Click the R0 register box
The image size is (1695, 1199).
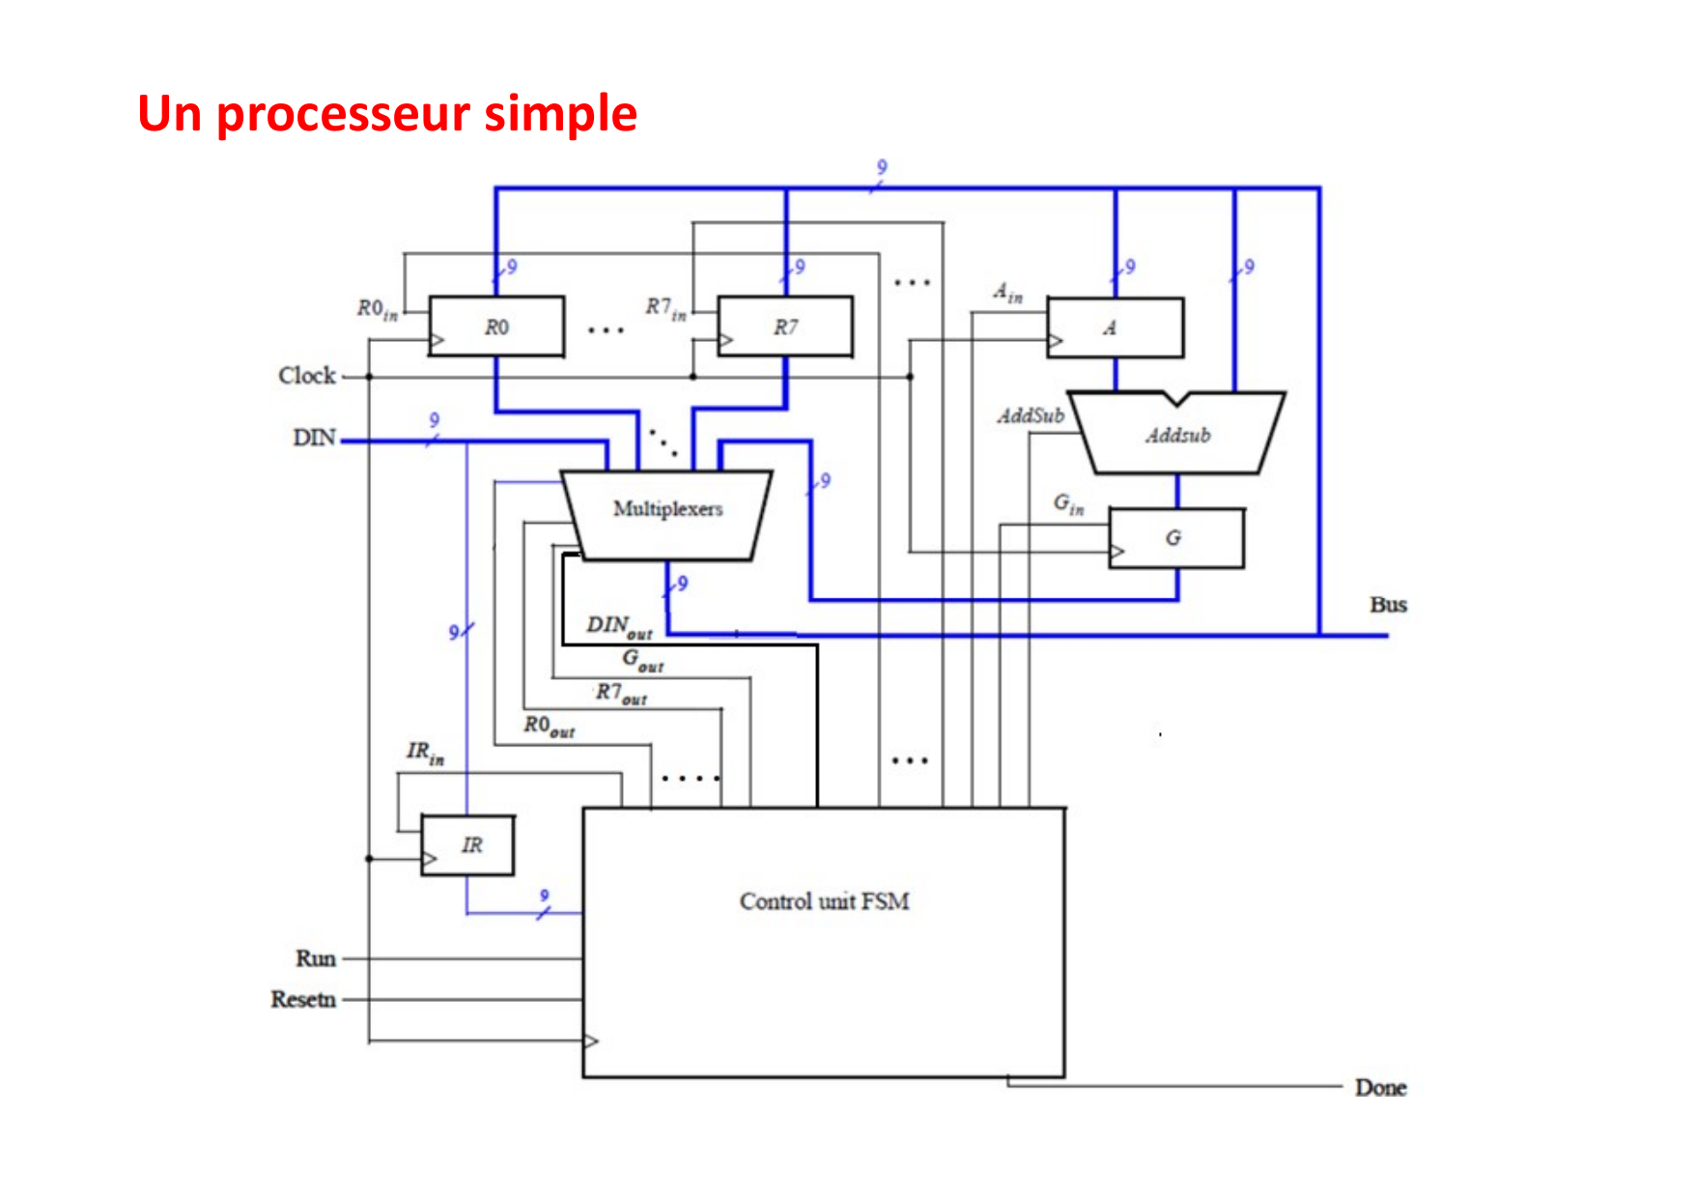coord(496,327)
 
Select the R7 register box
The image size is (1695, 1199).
coord(785,327)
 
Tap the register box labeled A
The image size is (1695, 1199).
coord(1115,328)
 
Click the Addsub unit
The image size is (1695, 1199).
coord(1178,435)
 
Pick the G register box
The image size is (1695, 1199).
coord(1175,538)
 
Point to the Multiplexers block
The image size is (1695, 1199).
coord(667,509)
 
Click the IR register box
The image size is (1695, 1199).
coord(468,845)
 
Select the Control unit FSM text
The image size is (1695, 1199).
coord(824,901)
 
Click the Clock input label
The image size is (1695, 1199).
coord(307,375)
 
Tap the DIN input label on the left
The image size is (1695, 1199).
coord(315,438)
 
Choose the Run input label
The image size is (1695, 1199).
coord(316,958)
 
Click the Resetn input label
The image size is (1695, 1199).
coord(303,999)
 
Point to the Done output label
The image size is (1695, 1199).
coord(1380,1088)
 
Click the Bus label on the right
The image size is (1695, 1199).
coord(1388,605)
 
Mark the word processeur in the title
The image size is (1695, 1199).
coord(344,115)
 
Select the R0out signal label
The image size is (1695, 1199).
coord(549,727)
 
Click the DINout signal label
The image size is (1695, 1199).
coord(619,627)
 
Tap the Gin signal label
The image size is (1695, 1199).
coord(1068,503)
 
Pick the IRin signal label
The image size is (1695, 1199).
coord(425,753)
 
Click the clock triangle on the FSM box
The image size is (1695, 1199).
coord(591,1042)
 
